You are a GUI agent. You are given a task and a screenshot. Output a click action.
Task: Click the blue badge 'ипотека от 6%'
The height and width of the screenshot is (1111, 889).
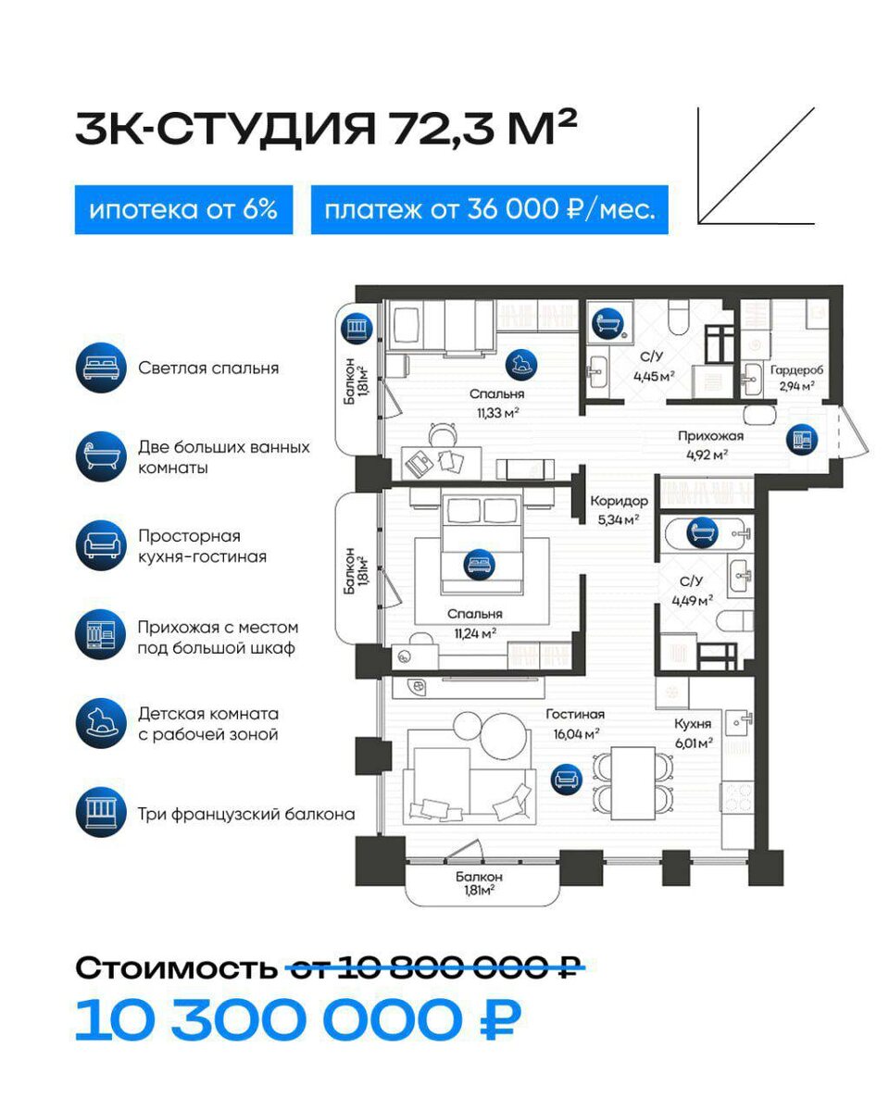click(x=183, y=209)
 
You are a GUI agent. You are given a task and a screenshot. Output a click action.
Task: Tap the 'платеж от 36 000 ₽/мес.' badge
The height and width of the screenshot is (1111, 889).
click(x=489, y=209)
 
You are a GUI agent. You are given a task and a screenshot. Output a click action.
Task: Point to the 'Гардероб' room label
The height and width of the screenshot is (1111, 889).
click(x=796, y=369)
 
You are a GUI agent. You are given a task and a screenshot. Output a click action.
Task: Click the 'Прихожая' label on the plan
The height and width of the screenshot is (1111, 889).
click(x=710, y=436)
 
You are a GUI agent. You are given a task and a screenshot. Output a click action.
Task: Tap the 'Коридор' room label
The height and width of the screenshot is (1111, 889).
click(x=619, y=500)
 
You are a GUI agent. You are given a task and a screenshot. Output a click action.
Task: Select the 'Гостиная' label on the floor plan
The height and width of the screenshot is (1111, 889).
click(x=575, y=714)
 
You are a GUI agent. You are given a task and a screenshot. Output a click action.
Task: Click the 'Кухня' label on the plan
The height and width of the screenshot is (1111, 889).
click(x=692, y=724)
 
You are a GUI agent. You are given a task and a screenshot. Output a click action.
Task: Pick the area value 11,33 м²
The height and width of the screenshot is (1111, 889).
click(x=497, y=413)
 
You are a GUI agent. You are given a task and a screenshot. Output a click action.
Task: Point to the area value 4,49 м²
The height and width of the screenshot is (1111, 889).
click(x=692, y=601)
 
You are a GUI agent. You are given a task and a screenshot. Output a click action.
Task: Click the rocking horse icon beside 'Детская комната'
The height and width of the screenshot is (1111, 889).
click(x=101, y=723)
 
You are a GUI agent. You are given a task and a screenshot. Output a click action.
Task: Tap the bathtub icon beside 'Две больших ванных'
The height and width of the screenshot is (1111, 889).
click(x=101, y=456)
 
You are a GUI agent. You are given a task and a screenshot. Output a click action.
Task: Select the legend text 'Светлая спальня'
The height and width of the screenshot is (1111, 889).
click(x=208, y=368)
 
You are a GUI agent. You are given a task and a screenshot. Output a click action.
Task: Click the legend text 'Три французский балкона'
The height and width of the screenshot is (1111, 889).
click(x=246, y=814)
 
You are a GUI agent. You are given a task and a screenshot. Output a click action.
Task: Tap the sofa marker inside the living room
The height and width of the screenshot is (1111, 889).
click(x=566, y=779)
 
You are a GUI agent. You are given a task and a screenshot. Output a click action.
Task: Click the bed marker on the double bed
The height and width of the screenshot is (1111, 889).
click(x=480, y=564)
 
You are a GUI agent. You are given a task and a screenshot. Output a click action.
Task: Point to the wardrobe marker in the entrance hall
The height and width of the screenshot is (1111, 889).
click(x=801, y=440)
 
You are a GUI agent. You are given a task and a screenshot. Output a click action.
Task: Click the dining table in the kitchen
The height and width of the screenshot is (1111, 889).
click(x=632, y=782)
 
